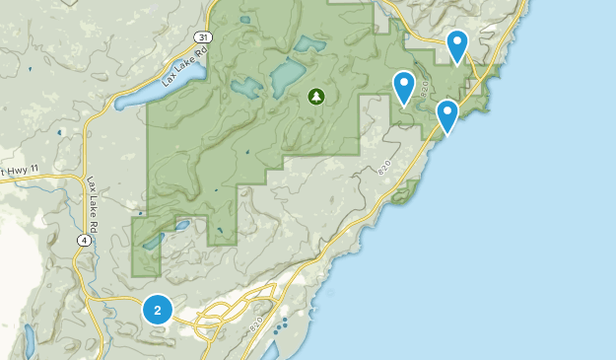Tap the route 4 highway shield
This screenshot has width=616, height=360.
click(86, 240)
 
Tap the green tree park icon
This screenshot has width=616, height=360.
click(315, 97)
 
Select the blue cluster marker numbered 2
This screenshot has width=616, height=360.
click(157, 310)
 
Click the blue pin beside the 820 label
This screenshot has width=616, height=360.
click(404, 87)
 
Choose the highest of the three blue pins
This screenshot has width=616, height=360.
click(457, 44)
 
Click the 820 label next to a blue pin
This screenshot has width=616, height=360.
click(424, 90)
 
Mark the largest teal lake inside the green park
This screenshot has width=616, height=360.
click(289, 75)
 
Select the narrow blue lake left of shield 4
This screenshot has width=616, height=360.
click(29, 340)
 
